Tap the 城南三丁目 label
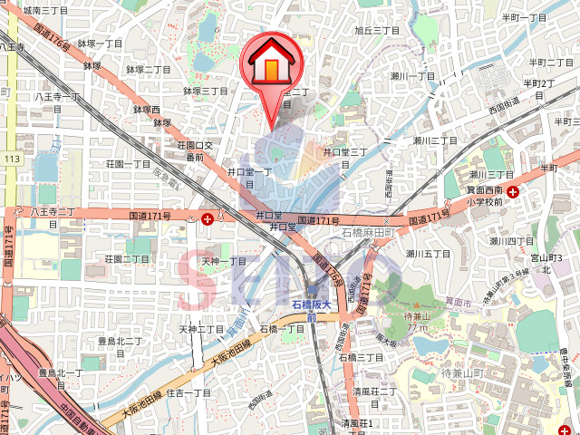coord(45,10)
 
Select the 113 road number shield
coord(11,159)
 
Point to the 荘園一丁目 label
coord(128,164)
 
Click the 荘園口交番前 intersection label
coord(194,150)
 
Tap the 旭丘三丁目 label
coord(377,30)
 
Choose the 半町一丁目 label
coord(525,17)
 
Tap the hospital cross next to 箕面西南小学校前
coord(514,191)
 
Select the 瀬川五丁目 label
coord(429,254)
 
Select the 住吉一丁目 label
coord(188,392)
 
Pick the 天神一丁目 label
coord(224,261)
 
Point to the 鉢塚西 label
coord(147,110)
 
